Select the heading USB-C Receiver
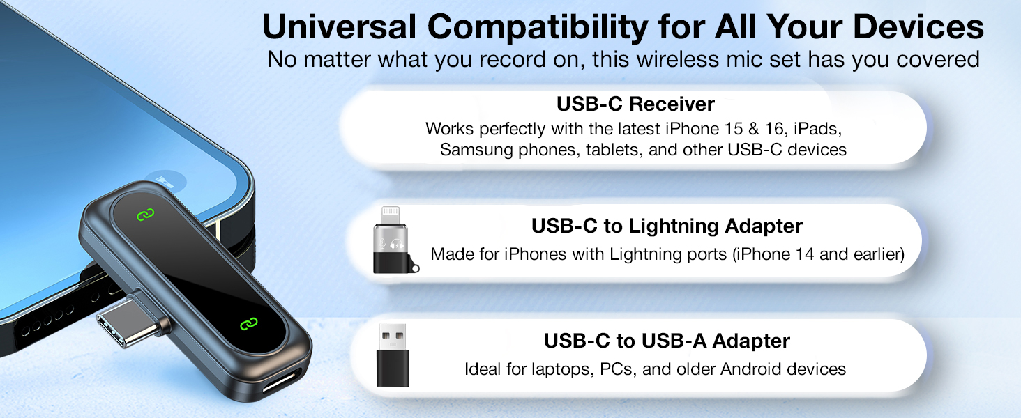click(x=635, y=104)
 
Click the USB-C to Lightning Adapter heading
click(x=667, y=226)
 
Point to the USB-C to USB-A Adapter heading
click(x=667, y=341)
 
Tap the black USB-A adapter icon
click(x=393, y=355)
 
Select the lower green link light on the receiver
click(x=248, y=323)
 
